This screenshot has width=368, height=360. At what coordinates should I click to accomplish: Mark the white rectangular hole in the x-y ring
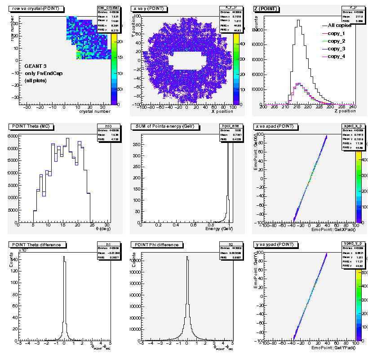click(x=189, y=61)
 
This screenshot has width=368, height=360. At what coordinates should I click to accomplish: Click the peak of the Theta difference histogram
click(x=64, y=257)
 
